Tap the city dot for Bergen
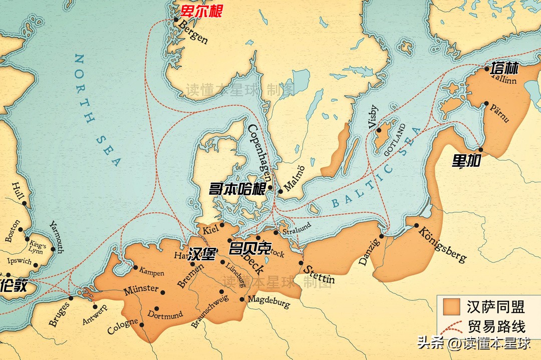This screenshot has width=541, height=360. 176,20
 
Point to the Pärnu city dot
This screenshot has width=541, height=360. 486,104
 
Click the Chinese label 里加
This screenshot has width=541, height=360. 466,161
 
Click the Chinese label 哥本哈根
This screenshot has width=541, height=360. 237,189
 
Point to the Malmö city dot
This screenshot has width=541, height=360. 280,191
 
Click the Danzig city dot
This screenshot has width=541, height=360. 382,236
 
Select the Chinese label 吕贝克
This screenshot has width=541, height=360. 249,249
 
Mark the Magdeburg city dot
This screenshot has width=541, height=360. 242,299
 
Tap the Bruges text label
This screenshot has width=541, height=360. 60,314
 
